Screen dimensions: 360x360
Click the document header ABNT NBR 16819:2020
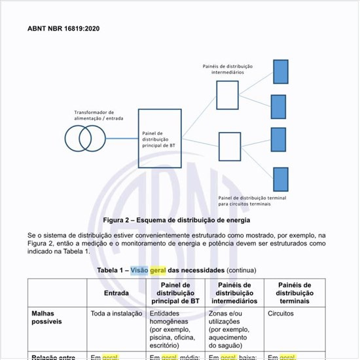pyautogui.click(x=63, y=29)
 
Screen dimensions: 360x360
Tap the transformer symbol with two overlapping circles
pyautogui.click(x=86, y=138)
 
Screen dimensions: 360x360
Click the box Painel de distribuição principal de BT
pyautogui.click(x=160, y=138)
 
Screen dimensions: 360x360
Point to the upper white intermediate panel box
pyautogui.click(x=227, y=95)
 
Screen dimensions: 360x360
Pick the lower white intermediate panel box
pyautogui.click(x=229, y=147)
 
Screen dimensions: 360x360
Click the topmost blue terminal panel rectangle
pyautogui.click(x=280, y=71)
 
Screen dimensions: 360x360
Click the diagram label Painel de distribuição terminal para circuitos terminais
pyautogui.click(x=253, y=200)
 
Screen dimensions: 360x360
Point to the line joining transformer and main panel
pyautogui.click(x=122, y=138)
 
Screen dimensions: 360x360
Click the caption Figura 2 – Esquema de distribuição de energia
pyautogui.click(x=177, y=220)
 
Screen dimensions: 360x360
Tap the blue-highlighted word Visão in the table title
pyautogui.click(x=139, y=270)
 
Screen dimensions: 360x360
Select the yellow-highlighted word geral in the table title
pyautogui.click(x=158, y=270)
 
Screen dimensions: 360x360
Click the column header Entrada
pyautogui.click(x=116, y=293)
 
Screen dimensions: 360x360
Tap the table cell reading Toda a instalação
pyautogui.click(x=117, y=314)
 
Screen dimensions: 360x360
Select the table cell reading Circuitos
pyautogui.click(x=281, y=314)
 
